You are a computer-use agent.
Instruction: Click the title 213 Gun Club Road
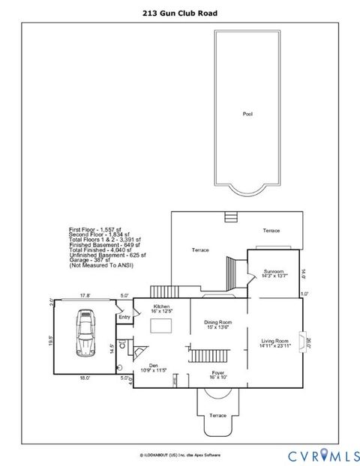[x=179, y=13]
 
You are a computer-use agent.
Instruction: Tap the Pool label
[x=247, y=114]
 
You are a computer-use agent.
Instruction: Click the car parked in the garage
[x=85, y=336]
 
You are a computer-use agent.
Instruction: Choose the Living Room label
[x=274, y=342]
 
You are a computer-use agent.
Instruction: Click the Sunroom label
[x=274, y=272]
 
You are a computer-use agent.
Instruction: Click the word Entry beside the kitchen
[x=124, y=317]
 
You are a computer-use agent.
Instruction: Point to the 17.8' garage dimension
[x=85, y=295]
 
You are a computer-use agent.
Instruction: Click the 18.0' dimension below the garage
[x=85, y=378]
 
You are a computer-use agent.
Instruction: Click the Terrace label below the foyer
[x=217, y=415]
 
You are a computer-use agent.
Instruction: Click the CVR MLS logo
[x=314, y=453]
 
